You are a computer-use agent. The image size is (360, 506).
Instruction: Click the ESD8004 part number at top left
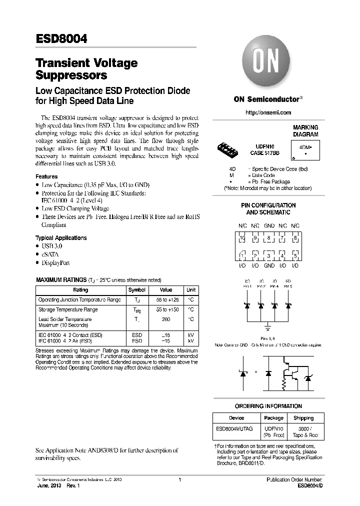click(x=61, y=38)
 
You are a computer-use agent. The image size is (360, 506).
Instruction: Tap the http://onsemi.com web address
click(x=268, y=113)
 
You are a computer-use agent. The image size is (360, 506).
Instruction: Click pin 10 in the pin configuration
click(x=242, y=239)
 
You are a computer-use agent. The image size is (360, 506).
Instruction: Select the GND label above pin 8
click(x=269, y=226)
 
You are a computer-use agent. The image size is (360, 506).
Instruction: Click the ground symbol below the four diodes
click(x=268, y=325)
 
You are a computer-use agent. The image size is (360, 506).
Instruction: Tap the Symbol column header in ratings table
click(x=137, y=290)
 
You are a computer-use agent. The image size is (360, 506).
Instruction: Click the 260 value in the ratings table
click(x=165, y=319)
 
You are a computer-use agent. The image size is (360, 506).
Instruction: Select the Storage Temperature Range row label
click(x=68, y=309)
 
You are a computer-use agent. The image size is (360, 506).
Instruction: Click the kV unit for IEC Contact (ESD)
click(x=191, y=334)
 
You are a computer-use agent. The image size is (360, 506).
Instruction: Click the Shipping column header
click(x=303, y=418)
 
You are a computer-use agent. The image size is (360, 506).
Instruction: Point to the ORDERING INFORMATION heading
click(x=268, y=406)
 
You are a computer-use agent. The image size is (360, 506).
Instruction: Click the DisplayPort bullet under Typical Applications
click(x=55, y=263)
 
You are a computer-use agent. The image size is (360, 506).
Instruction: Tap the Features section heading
click(x=46, y=176)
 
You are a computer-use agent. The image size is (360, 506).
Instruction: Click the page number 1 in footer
click(x=179, y=479)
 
